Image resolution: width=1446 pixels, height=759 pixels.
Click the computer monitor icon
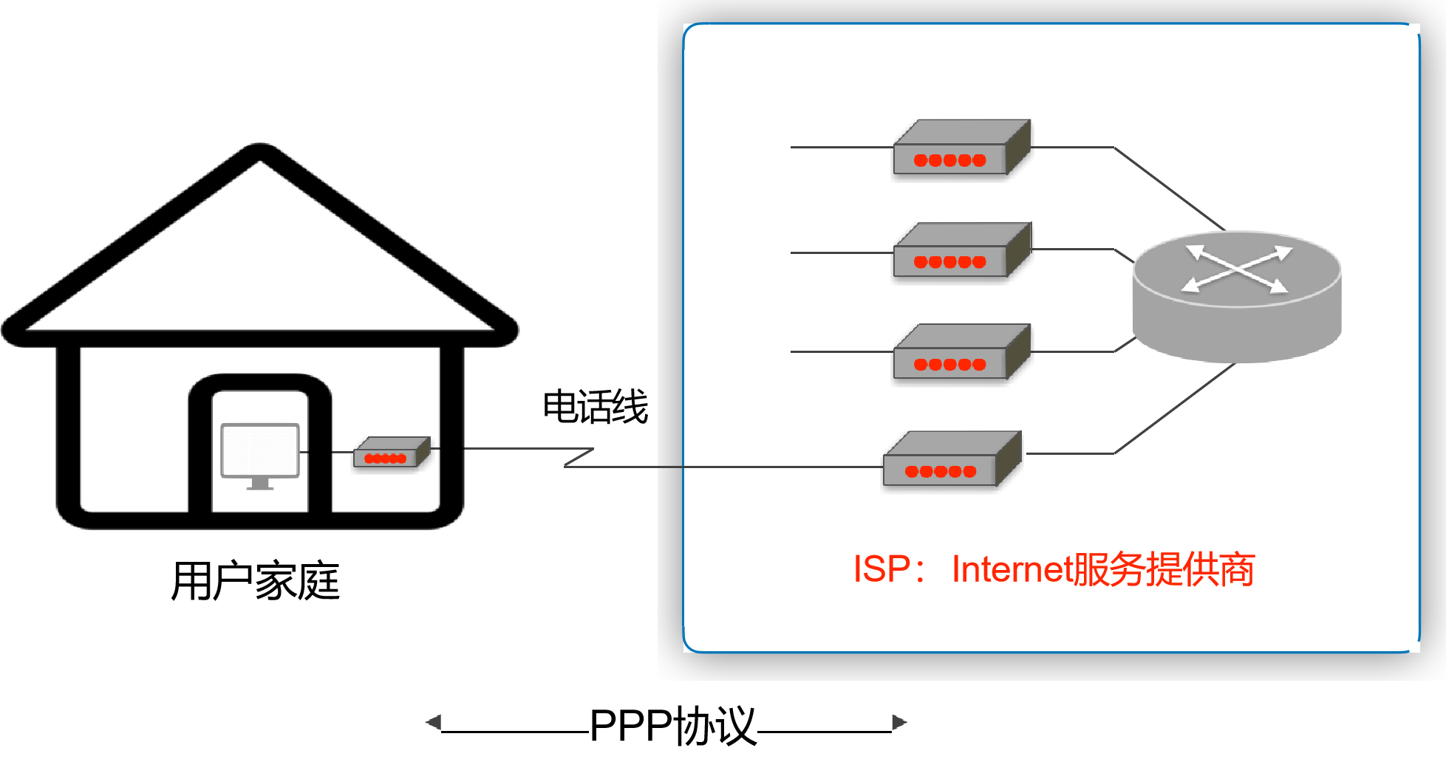click(260, 451)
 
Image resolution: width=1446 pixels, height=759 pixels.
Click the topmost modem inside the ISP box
click(961, 148)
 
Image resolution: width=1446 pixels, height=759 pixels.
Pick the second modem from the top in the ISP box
click(961, 251)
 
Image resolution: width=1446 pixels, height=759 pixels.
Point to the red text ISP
click(881, 569)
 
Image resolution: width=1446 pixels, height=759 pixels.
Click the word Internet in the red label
click(1012, 569)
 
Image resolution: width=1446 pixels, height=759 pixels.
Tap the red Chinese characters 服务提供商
click(1164, 569)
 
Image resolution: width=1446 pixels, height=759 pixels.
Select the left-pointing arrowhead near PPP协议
click(434, 722)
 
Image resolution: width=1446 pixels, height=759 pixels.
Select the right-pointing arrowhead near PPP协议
click(899, 722)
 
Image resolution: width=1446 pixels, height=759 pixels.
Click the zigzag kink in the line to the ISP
click(579, 458)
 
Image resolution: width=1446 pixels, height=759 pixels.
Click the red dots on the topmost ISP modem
click(949, 160)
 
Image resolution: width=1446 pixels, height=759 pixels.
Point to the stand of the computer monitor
click(260, 484)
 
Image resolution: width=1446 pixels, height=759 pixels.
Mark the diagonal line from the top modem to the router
click(1169, 188)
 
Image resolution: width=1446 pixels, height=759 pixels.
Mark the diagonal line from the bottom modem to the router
click(1175, 408)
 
